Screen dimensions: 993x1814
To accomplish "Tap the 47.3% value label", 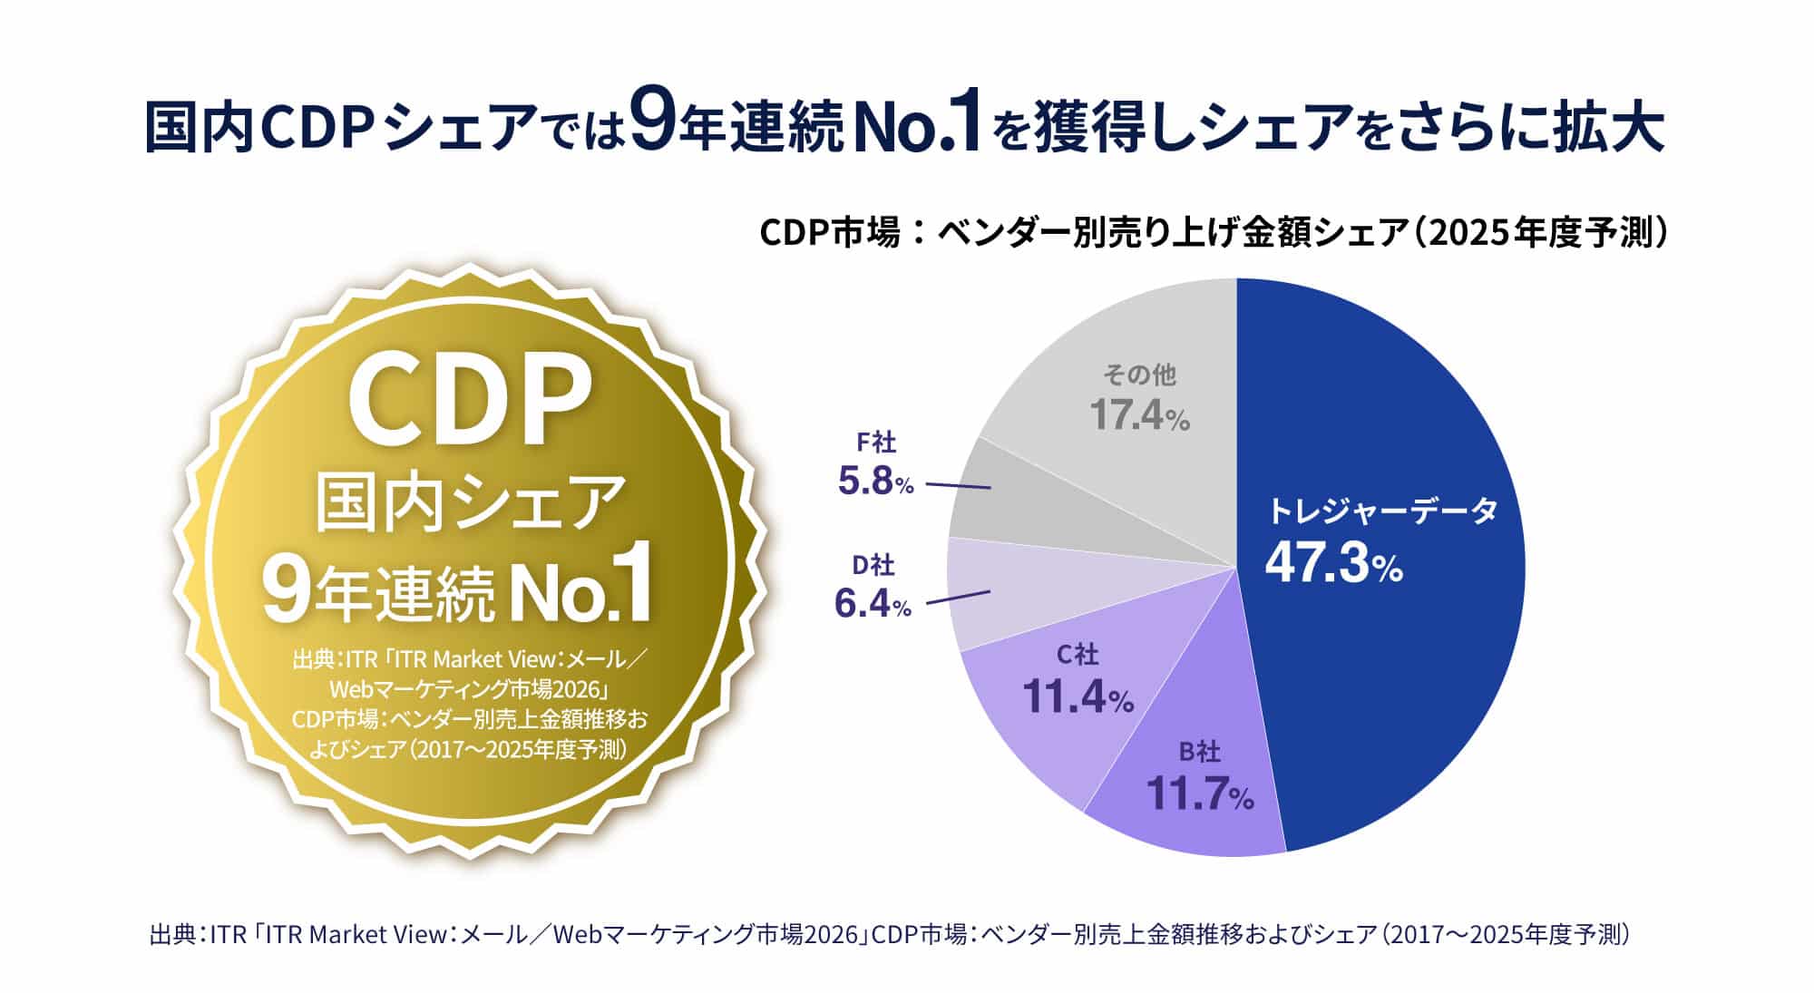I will click(x=1333, y=563).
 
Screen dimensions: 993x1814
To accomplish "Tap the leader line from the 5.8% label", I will click(x=957, y=486).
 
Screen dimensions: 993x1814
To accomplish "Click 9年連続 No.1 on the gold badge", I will click(x=457, y=593).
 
